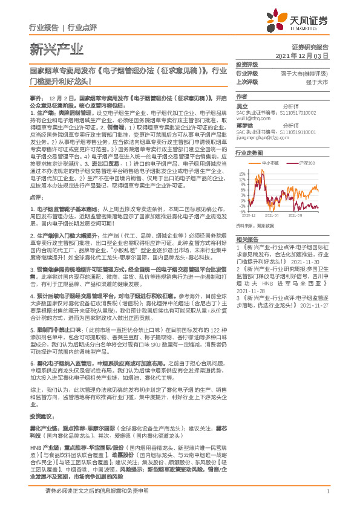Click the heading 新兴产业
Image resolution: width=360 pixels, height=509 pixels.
[45, 48]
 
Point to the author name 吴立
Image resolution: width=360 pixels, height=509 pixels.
[241, 105]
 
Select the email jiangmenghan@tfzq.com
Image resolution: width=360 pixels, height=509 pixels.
[261, 137]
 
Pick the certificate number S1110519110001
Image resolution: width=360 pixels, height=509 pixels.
[300, 132]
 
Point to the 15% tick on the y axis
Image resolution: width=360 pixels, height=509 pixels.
[241, 173]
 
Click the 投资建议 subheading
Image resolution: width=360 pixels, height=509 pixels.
[41, 383]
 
